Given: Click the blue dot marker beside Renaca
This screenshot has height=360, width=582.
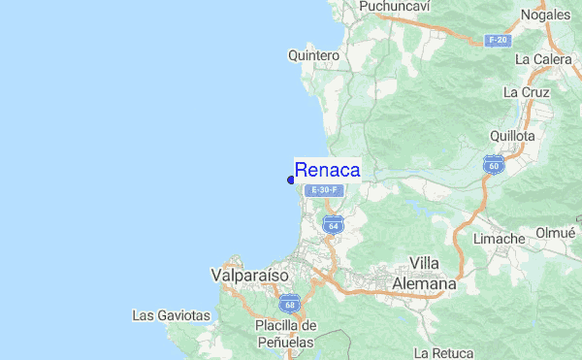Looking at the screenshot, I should (291, 179).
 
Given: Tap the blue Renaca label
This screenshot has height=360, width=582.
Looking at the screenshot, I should (327, 170).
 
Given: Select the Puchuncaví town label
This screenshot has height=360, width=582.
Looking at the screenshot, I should (394, 7).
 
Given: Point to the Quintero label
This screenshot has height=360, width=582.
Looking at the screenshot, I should (313, 55).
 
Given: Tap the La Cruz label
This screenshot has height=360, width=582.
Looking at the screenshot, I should (526, 92).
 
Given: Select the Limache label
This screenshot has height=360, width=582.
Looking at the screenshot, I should (499, 239).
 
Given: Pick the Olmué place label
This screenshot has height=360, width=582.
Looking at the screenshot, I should (556, 233).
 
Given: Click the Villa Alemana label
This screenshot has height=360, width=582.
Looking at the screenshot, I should (423, 273).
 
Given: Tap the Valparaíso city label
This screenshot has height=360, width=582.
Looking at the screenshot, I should (249, 276).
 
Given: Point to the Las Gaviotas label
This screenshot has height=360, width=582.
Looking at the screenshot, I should (172, 315).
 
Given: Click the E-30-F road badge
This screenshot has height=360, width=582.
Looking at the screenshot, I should (323, 190).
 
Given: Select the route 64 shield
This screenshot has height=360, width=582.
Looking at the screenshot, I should (333, 224).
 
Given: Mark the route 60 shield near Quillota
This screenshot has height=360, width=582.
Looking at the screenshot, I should (495, 165).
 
